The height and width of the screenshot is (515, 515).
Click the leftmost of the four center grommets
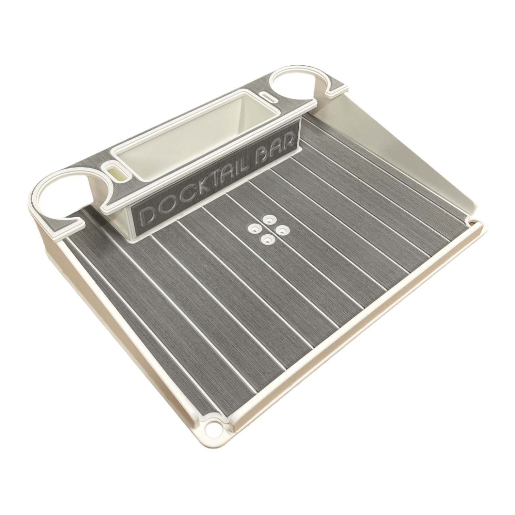pos(254,228)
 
